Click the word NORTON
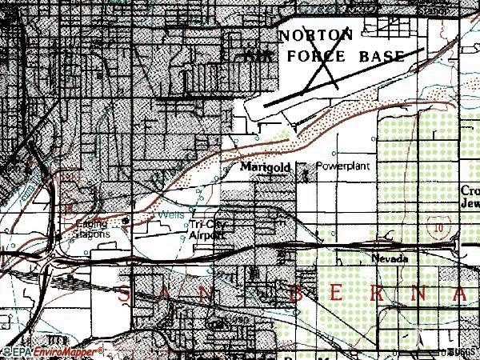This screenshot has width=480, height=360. coord(316,35)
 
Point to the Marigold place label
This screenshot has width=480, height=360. coord(260,168)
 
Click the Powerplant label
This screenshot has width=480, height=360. coord(342,166)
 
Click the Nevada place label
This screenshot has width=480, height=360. coord(390,259)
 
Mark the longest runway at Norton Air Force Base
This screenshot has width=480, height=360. coord(344,77)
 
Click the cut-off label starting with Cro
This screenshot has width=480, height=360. coord(470,191)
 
